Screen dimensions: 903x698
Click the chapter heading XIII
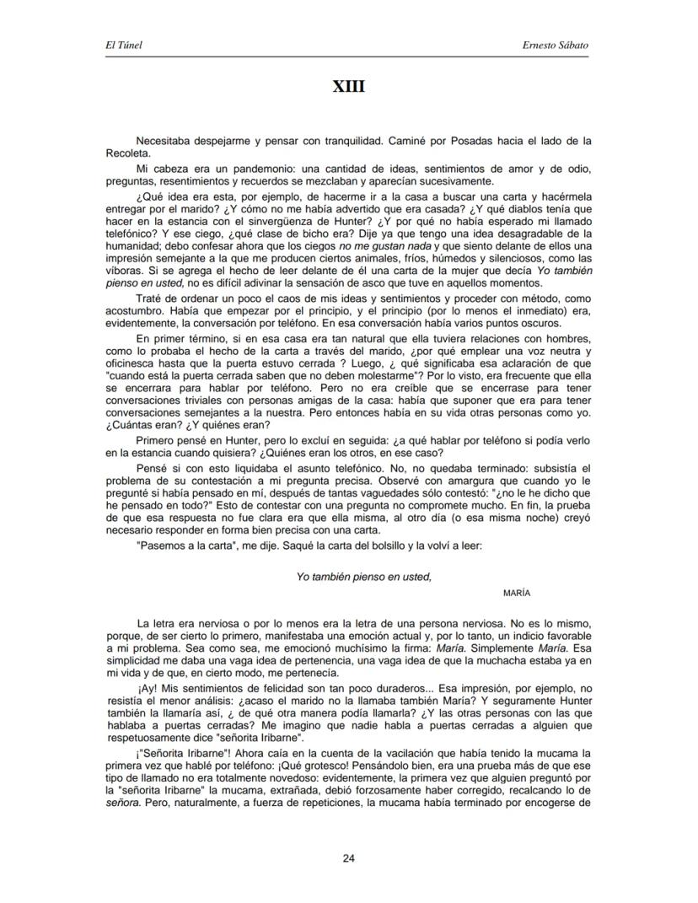point(348,86)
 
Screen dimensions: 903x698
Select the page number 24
point(348,858)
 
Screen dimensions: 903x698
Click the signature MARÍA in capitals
point(516,593)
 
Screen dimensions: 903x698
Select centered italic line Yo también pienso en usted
point(363,577)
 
